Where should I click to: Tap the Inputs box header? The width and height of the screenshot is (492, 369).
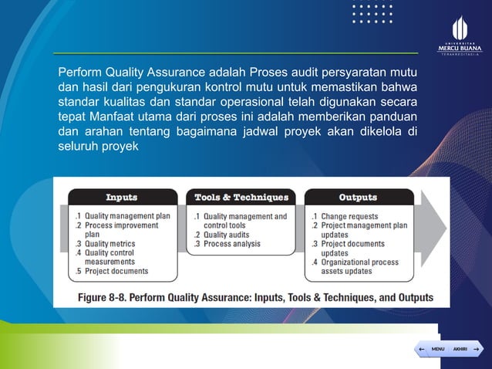point(122,198)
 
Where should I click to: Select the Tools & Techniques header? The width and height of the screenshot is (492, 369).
point(241,198)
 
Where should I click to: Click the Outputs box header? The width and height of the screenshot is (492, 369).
point(358,198)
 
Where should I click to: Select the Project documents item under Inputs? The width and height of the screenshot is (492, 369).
point(116,272)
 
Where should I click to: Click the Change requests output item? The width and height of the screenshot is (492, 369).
point(349,216)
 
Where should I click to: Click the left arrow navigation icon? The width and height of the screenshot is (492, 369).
point(421,350)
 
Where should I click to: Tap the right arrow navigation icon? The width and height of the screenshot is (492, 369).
point(477,350)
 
